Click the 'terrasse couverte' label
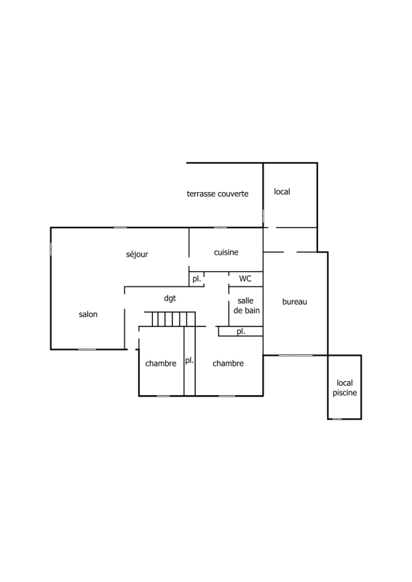click(x=218, y=194)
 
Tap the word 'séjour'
click(x=137, y=254)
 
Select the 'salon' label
click(x=88, y=314)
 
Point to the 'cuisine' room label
click(x=226, y=252)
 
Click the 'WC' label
click(x=245, y=279)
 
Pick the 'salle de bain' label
click(x=246, y=306)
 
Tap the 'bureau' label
click(x=295, y=302)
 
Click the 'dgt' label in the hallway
click(x=170, y=298)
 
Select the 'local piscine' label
click(x=345, y=388)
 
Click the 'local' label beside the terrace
click(x=282, y=191)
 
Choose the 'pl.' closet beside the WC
click(x=197, y=279)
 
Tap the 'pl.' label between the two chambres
click(x=189, y=360)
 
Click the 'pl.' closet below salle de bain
click(x=241, y=332)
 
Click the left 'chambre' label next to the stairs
click(x=161, y=363)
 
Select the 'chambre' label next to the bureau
click(x=228, y=363)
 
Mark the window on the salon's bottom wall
click(x=87, y=349)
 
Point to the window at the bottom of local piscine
click(x=336, y=419)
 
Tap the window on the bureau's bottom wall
click(x=296, y=356)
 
